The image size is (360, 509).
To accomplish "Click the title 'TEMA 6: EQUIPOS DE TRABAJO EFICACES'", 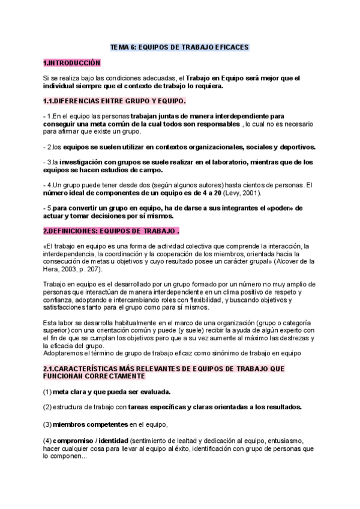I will click(179, 47).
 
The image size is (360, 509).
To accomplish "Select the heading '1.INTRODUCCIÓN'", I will click(71, 62).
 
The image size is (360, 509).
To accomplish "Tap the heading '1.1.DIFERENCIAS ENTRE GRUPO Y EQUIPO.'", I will click(115, 100).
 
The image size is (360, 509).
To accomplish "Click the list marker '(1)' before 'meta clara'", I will click(47, 391).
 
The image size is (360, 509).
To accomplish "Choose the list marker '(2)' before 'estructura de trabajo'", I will click(47, 406).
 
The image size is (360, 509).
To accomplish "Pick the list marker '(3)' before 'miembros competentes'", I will click(47, 424).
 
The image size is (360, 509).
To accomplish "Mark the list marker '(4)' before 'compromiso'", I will click(47, 441).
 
